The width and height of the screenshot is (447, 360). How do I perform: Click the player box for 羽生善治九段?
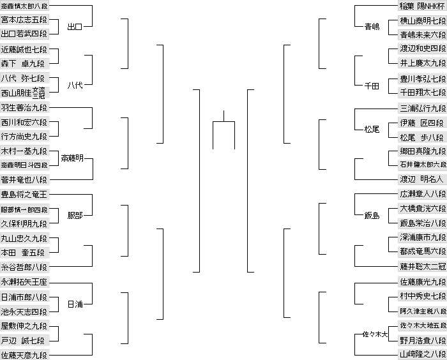click(24, 108)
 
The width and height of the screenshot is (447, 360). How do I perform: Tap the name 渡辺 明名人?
click(421, 179)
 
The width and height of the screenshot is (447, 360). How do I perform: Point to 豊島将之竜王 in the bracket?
click(24, 194)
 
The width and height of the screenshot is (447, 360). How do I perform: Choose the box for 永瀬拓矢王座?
click(24, 281)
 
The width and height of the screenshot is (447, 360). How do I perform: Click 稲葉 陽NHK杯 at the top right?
click(421, 6)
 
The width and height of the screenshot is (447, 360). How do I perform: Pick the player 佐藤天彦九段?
click(24, 354)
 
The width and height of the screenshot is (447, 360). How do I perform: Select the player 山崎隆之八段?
click(421, 354)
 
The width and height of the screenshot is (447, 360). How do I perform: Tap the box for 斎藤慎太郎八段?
click(24, 6)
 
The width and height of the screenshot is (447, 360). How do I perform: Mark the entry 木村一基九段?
click(24, 151)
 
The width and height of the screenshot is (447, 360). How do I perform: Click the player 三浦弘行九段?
click(421, 108)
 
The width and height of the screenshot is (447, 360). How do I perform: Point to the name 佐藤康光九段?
click(421, 281)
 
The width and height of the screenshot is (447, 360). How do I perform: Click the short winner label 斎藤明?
click(72, 158)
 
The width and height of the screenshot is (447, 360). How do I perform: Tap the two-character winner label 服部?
click(75, 216)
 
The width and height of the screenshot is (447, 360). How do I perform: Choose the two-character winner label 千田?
click(372, 86)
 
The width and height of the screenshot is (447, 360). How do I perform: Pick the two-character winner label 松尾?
click(372, 129)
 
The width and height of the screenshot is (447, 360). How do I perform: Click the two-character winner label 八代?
click(75, 86)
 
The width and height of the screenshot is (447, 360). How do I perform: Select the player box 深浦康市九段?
click(421, 237)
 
